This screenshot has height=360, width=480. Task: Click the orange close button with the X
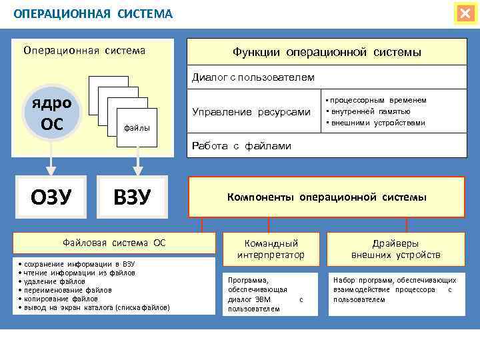[x=465, y=14]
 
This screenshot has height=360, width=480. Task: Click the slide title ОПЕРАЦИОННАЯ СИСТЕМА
[x=93, y=14]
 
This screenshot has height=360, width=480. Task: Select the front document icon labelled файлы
[x=136, y=126]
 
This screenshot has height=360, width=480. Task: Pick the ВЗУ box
[x=133, y=197]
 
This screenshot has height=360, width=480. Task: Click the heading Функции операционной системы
[x=327, y=52]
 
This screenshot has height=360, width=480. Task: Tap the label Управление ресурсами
[x=251, y=111]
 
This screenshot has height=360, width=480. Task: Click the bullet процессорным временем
[x=377, y=100]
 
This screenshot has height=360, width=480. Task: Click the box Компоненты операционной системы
[x=327, y=197]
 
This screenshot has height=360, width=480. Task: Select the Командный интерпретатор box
[x=271, y=249]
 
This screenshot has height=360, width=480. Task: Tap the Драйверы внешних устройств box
[x=396, y=249]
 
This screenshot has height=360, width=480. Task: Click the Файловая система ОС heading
[x=114, y=243]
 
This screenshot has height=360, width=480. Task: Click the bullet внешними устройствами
[x=376, y=123]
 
